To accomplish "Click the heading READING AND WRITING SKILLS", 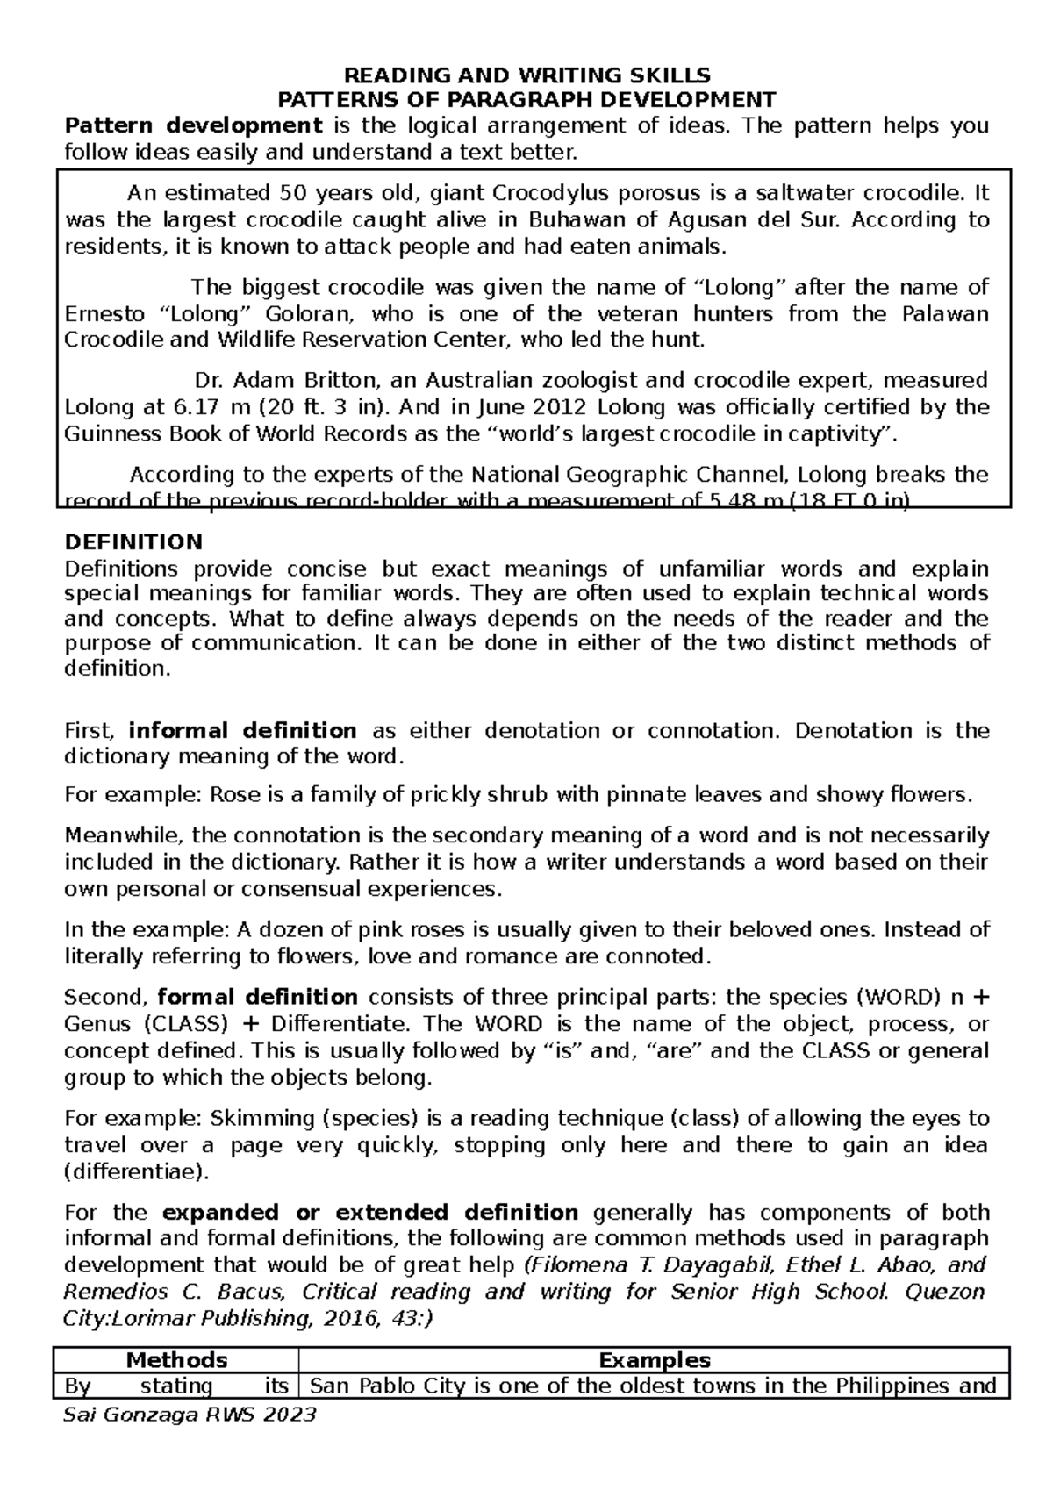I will click(x=526, y=75).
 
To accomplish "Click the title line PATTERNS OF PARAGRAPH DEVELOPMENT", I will click(x=526, y=98).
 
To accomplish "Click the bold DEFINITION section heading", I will click(x=133, y=541).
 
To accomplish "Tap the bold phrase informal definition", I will click(x=242, y=731).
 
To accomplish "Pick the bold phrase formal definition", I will click(x=257, y=998).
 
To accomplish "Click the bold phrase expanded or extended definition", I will click(x=370, y=1213).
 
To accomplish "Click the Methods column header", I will click(x=176, y=1360).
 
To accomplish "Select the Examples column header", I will click(x=654, y=1360).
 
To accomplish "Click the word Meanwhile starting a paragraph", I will click(x=122, y=835).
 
